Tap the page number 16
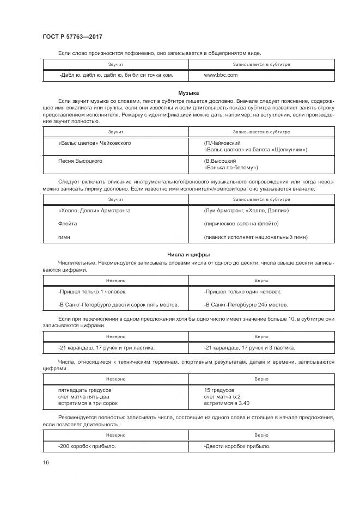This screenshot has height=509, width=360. point(46,462)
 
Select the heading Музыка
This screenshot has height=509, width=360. point(188,94)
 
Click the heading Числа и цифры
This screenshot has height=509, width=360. point(188,254)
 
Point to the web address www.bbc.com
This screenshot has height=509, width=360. point(221,76)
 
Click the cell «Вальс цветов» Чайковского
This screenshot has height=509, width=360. point(94,143)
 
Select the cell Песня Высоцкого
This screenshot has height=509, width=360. point(80,161)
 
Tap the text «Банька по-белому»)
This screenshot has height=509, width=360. point(230,168)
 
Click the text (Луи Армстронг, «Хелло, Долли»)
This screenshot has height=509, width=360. point(246,210)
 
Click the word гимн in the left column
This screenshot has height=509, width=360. point(64,237)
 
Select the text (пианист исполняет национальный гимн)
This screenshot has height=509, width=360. point(255,237)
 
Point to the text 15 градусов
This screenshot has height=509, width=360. point(219,390)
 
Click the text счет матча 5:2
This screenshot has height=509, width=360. point(222,397)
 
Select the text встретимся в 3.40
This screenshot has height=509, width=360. point(226,403)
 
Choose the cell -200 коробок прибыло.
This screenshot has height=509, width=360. point(87,446)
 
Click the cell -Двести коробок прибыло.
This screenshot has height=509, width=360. point(237,446)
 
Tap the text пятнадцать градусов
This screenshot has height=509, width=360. point(85,390)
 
